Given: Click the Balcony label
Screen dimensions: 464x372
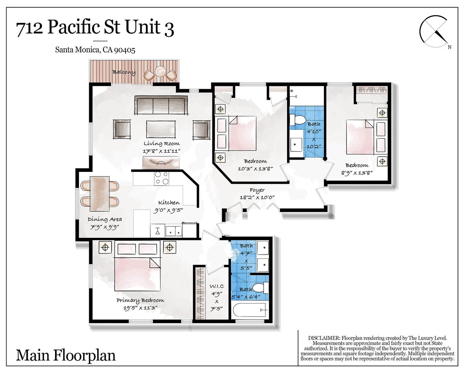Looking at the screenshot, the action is pos(124,72).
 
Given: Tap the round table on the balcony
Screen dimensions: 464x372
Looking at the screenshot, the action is pos(161,71).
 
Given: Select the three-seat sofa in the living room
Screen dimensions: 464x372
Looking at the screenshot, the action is pos(161,105).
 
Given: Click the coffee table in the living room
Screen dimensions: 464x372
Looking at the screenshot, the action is pos(161,129).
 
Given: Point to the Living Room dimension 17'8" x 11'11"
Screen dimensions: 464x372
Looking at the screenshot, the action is pos(162,151).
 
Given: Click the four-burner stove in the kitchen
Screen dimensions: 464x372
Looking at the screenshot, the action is pos(162,178).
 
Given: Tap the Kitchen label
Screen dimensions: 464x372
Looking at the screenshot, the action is pos(169,203).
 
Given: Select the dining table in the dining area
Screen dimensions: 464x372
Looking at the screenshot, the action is pos(100,194).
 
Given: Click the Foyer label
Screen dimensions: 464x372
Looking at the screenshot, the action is pos(257,190).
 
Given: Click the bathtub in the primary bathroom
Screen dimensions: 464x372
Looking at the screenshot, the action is pos(250,310).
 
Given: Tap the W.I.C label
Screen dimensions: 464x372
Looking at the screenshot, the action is pos(217,286).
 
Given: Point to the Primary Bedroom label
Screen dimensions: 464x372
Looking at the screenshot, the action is pos(140,301).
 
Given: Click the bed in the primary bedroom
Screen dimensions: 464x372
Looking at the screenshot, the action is pos(137,266).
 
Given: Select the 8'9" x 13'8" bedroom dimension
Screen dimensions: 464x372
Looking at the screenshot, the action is pos(357,173).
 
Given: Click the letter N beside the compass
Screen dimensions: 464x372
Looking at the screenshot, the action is pos(449,47).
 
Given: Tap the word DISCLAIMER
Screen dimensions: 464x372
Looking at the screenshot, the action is pos(324,338).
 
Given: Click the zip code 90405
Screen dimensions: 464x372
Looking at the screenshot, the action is pos(125,50).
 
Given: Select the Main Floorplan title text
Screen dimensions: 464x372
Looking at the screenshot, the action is pos(66,355).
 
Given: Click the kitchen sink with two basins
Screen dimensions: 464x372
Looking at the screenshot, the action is pos(174,231).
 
